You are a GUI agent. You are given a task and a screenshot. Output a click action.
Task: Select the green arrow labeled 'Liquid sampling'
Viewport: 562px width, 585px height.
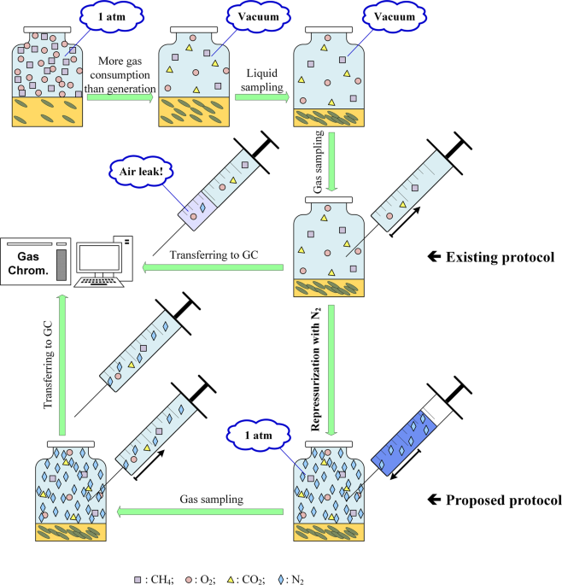point(261,98)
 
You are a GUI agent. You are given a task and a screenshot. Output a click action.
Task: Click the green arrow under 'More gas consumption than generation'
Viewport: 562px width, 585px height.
point(120,98)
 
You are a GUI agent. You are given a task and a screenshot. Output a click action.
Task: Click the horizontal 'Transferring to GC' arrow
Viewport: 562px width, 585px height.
point(214,268)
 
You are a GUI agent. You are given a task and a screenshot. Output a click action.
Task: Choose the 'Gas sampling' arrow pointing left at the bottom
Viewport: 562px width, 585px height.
point(201,512)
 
